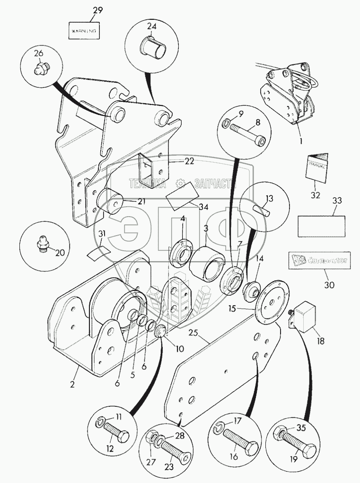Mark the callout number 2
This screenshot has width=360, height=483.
point(72,385)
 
